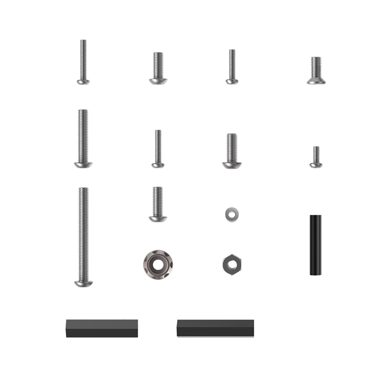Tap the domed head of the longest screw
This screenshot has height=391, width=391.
click(x=83, y=283)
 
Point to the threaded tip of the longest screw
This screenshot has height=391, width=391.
click(x=83, y=190)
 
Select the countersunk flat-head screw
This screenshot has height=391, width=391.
click(x=316, y=70)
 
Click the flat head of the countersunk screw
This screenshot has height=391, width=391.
click(x=316, y=81)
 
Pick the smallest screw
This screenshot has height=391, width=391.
click(x=316, y=157)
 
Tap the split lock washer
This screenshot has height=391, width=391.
click(x=232, y=214)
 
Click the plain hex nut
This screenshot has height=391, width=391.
click(x=232, y=265)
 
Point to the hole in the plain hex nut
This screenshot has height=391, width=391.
click(x=232, y=265)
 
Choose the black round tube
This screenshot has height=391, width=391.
click(x=316, y=245)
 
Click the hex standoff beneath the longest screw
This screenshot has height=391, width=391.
click(x=102, y=328)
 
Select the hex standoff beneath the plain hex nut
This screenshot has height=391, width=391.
click(x=215, y=328)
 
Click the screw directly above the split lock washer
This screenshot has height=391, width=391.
click(x=232, y=151)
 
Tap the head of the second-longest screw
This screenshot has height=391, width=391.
click(x=83, y=165)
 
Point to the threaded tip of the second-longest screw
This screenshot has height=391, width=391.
click(x=83, y=112)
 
